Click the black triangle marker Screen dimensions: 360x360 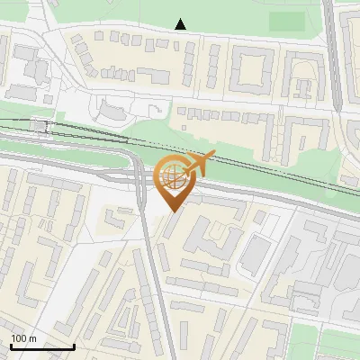pos(181,24)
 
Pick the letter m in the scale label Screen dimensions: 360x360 pos(32,338)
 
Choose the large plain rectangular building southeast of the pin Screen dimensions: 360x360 pos(256,252)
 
